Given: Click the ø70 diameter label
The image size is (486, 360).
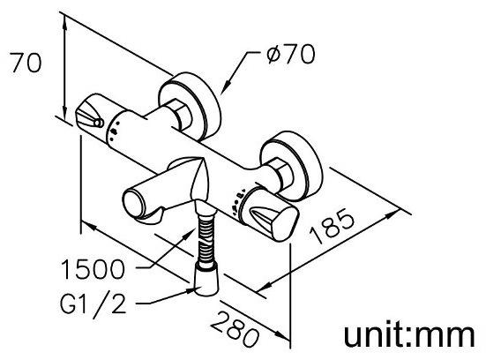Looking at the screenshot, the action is click(x=291, y=54).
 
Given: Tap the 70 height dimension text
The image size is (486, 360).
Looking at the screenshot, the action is click(x=26, y=63).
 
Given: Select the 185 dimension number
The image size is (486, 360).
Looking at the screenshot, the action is click(x=333, y=227).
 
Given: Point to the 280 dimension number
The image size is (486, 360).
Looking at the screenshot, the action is click(x=235, y=329).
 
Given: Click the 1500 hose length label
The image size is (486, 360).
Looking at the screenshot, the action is click(x=93, y=269).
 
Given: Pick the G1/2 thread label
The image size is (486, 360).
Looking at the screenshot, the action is click(x=93, y=303).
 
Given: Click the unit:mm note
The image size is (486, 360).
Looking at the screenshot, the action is click(x=409, y=336).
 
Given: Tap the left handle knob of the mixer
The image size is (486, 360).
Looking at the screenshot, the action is click(x=93, y=113).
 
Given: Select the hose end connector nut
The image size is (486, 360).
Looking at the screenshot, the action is click(x=206, y=279).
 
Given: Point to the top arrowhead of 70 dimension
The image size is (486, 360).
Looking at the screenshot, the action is click(x=65, y=22).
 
